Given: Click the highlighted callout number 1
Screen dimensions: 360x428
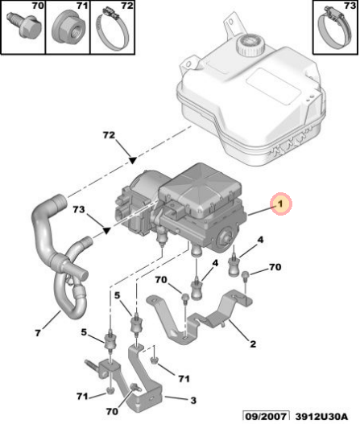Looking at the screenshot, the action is [x=281, y=204].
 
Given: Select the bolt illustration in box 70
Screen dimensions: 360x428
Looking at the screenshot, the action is [x=24, y=27].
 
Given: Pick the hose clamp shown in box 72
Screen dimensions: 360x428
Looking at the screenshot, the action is [x=112, y=30].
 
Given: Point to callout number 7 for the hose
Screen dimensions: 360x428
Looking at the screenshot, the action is [x=38, y=333].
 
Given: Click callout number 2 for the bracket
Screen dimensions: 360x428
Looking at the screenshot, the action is [x=253, y=344].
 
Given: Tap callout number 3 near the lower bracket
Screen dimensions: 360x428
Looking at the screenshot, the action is [x=193, y=400].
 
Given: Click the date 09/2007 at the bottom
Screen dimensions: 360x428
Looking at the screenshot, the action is [x=266, y=417].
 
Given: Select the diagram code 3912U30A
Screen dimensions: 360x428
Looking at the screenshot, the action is [x=321, y=417].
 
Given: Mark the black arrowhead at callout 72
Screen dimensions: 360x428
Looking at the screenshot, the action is [x=133, y=161].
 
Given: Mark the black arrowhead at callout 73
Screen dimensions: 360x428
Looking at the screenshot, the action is [x=106, y=231].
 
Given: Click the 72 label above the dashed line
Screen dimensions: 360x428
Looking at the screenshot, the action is [x=109, y=135].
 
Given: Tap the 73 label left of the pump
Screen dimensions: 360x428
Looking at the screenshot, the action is [x=79, y=209].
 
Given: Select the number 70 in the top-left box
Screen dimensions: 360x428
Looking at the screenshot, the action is [x=38, y=6].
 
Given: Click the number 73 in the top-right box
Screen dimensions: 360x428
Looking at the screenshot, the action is [x=350, y=6].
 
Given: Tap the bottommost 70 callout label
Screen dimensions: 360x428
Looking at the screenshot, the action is [x=112, y=411].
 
